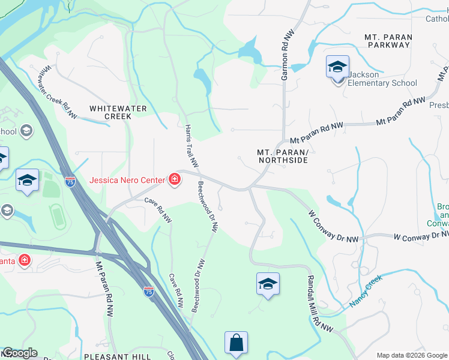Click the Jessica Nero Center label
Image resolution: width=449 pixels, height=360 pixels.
coord(128,179)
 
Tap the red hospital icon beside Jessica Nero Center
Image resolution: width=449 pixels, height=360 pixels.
coord(174,179)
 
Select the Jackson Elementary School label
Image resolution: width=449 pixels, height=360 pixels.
coord(382,79)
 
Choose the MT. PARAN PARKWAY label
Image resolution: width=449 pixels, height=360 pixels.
coord(388,41)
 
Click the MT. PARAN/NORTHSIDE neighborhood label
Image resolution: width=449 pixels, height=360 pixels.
coord(282,157)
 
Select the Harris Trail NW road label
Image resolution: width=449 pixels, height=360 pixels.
coord(191,146)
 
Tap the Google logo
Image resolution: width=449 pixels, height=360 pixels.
coord(19,353)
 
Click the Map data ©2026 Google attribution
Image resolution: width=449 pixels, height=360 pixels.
coord(411,355)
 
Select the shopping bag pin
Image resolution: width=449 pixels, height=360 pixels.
coord(237,343)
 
